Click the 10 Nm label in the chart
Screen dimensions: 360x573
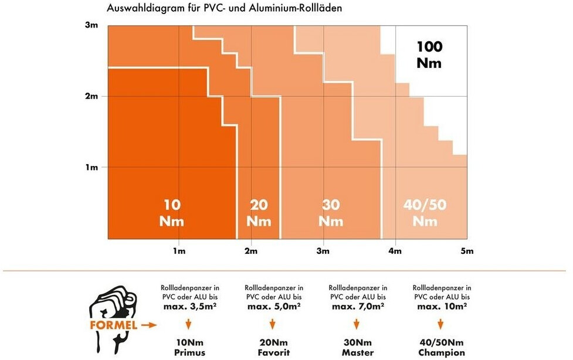171,213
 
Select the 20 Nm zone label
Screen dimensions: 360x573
259,213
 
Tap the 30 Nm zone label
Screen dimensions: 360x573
331,213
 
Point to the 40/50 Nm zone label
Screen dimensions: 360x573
425,213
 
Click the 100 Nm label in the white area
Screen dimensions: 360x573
429,55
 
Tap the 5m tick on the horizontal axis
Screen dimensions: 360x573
466,252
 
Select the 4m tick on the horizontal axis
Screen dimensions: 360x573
395,252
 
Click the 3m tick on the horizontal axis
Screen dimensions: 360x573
323,252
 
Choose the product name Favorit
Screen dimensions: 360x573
273,352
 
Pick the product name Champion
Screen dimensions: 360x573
442,352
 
